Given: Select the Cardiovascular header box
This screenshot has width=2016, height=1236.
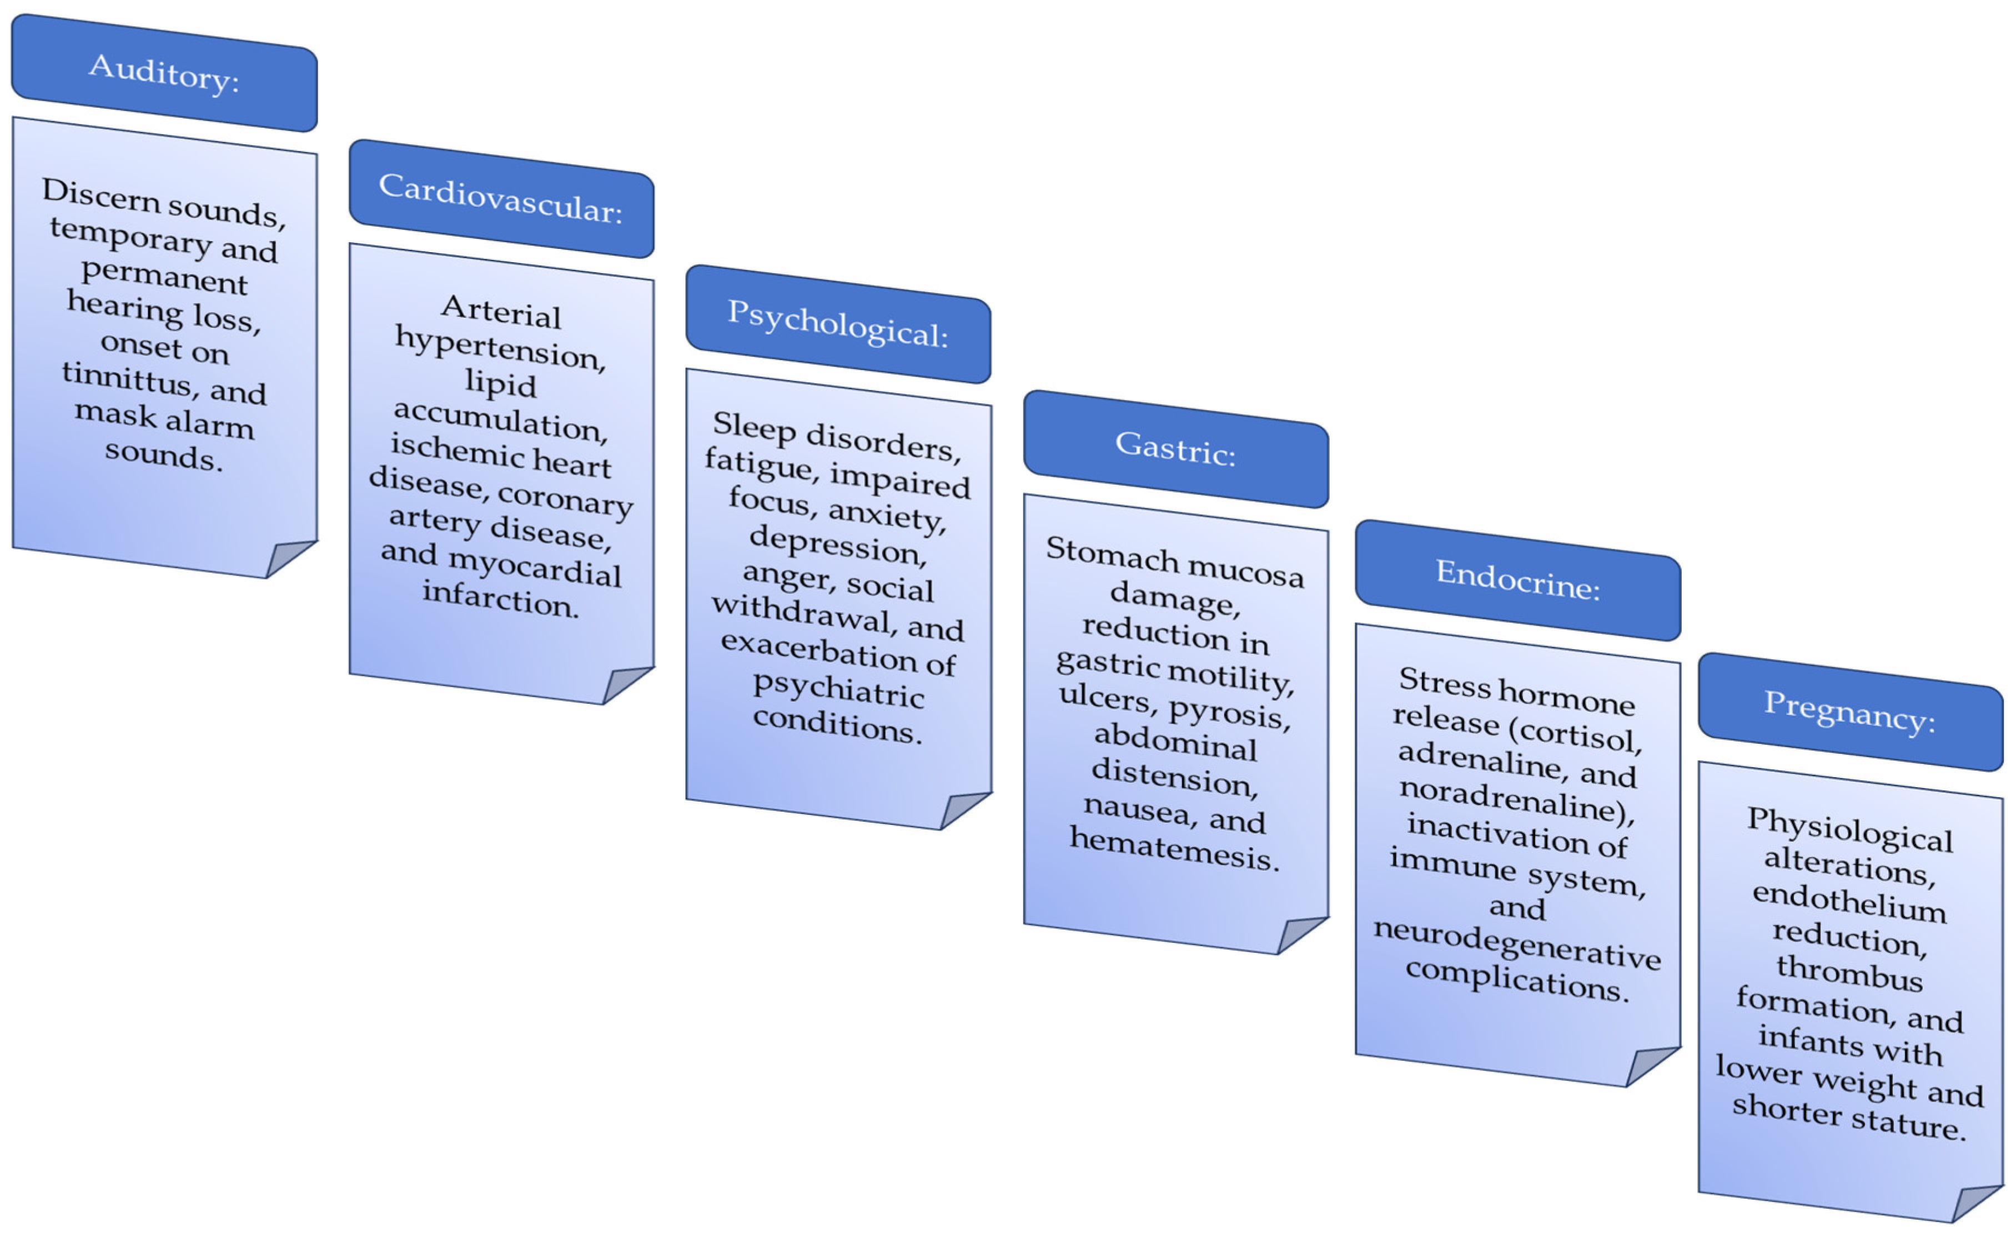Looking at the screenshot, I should click(501, 198).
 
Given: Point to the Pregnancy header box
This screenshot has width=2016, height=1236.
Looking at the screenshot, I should click(1850, 711).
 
